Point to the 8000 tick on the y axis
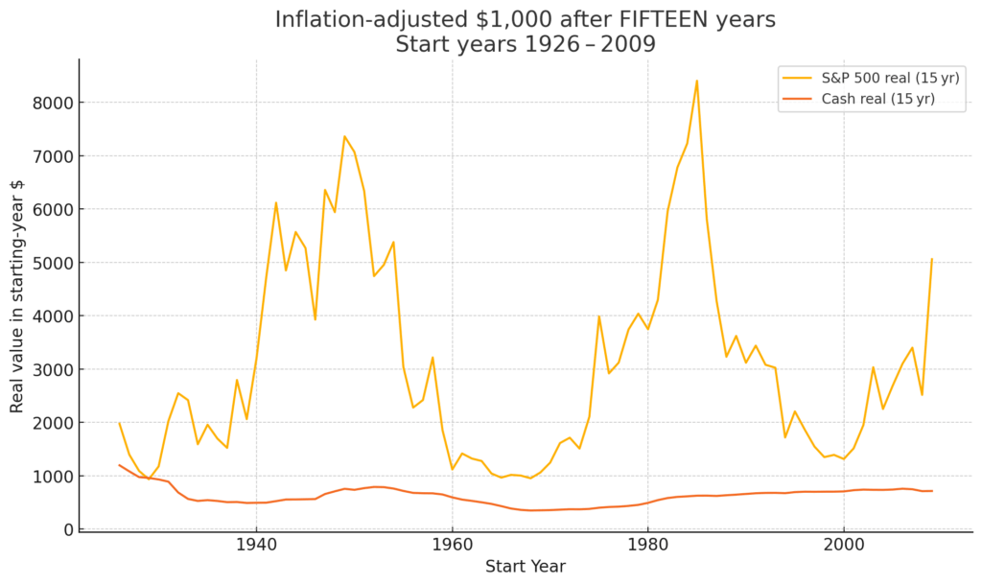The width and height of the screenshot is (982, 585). point(53,103)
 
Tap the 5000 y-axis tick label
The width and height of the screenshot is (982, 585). point(53,263)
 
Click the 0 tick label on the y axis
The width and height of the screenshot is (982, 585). point(68,529)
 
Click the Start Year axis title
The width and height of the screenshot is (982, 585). point(526,567)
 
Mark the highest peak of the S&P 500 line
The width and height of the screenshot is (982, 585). point(696,81)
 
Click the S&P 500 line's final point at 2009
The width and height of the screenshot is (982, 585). point(931,259)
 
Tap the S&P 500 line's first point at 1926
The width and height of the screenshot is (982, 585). point(120,423)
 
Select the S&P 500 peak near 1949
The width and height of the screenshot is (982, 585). point(344,136)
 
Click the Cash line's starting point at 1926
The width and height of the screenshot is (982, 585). point(120,465)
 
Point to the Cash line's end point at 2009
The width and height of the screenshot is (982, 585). point(931,491)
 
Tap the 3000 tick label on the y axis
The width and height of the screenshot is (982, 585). point(53,369)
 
